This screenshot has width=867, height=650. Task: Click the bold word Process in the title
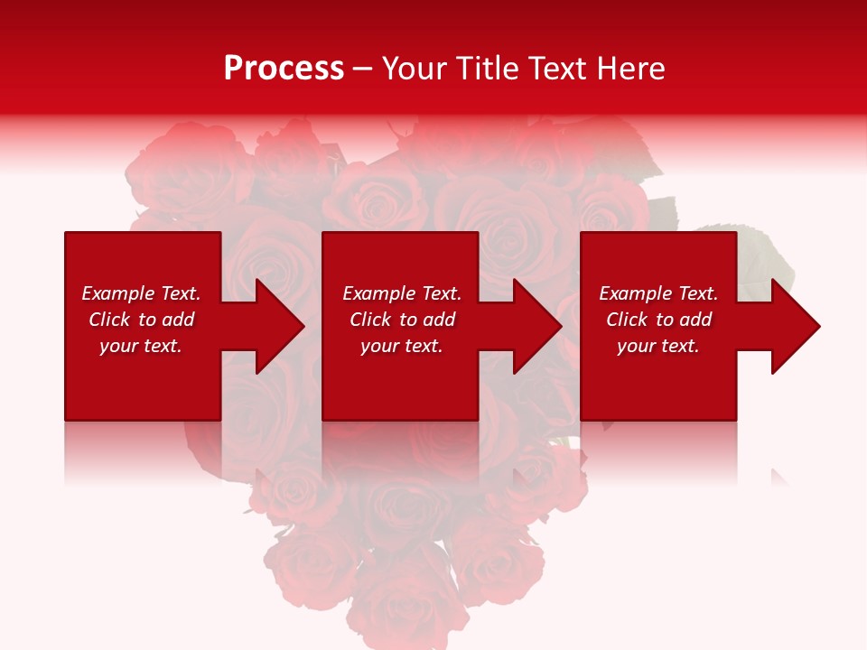(x=284, y=69)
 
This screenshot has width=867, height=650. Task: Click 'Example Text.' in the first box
(x=141, y=293)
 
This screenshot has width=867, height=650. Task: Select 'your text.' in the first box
(x=141, y=346)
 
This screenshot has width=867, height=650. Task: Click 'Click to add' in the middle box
(x=402, y=320)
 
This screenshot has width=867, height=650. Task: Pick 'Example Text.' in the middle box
(x=402, y=293)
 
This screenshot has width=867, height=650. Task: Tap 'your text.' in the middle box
(x=402, y=346)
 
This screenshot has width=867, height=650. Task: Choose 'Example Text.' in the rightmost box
(x=658, y=293)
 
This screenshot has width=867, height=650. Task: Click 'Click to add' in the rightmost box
(x=658, y=320)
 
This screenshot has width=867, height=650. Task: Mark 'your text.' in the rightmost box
(x=658, y=346)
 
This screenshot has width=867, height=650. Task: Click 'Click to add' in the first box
(x=141, y=320)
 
